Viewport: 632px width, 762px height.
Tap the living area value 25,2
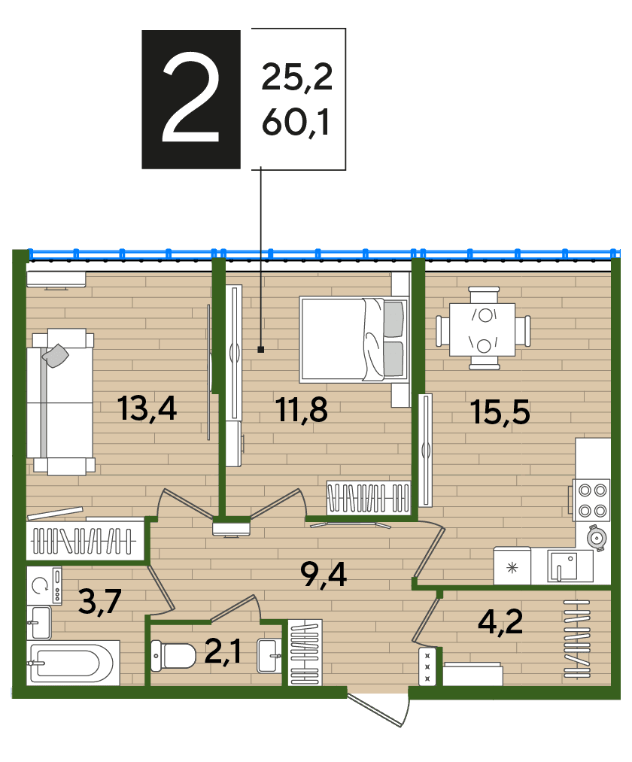tap(297, 77)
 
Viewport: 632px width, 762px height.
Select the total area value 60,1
tap(296, 122)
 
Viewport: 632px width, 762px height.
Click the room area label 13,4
tap(147, 408)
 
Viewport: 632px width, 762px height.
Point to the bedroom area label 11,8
tap(302, 410)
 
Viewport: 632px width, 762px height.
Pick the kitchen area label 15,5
tap(500, 411)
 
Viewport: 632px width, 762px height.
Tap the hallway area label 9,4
tap(324, 574)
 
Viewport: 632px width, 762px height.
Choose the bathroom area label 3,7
tap(99, 602)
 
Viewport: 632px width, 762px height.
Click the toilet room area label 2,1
tap(223, 651)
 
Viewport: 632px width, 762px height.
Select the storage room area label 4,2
tap(500, 621)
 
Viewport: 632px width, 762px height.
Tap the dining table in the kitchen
tap(483, 329)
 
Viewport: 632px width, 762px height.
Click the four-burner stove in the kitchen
tap(591, 500)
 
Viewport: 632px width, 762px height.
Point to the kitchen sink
tap(563, 566)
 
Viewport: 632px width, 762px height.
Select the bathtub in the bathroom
tap(72, 663)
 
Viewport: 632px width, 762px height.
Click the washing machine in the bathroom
tap(44, 585)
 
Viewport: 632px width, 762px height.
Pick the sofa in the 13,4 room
tap(60, 402)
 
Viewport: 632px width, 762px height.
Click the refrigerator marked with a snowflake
tap(512, 566)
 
